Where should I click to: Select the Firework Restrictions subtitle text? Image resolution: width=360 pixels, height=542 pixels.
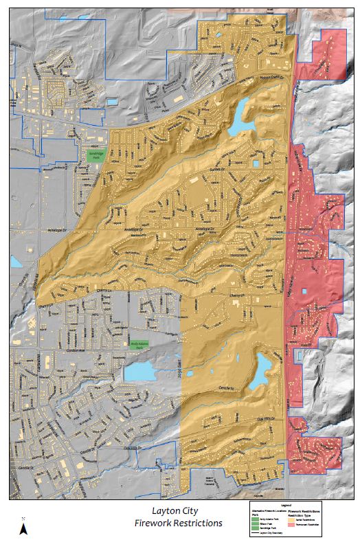pyautogui.click(x=179, y=523)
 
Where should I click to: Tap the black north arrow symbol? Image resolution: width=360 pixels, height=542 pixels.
pyautogui.click(x=23, y=528)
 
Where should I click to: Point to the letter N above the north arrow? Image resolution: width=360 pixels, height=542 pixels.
pyautogui.click(x=23, y=518)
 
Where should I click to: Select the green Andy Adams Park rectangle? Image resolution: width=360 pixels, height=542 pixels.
pyautogui.click(x=140, y=341)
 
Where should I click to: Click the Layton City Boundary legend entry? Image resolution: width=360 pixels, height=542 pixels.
pyautogui.click(x=275, y=532)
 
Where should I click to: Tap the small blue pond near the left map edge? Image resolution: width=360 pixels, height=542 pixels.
pyautogui.click(x=16, y=261)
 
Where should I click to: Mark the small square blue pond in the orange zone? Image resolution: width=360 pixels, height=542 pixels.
pyautogui.click(x=256, y=163)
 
